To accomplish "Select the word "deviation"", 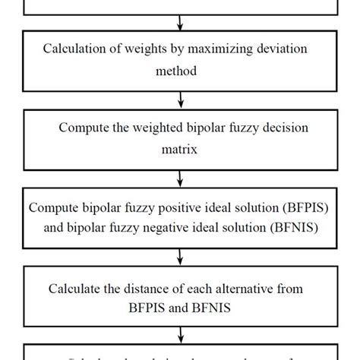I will (x=286, y=49).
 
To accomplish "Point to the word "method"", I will (x=179, y=71).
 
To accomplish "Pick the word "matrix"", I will (x=179, y=150).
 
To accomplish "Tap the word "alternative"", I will (x=238, y=288).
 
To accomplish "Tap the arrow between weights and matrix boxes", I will (x=180, y=100).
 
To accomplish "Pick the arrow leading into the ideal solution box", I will (x=180, y=178).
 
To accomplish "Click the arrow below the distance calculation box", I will (x=180, y=335).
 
